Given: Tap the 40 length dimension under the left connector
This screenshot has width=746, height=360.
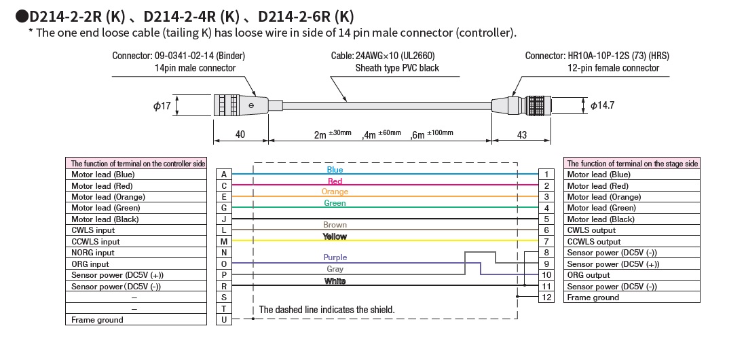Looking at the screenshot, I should coord(240,134).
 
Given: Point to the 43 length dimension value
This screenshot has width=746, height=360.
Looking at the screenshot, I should coord(522,134).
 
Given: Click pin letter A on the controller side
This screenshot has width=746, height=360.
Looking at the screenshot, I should coord(223,175).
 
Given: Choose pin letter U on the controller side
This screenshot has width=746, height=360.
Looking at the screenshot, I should coord(223,320).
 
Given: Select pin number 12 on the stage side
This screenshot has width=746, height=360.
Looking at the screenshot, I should coord(545,298).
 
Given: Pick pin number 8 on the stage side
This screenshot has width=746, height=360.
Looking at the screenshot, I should coord(545,253).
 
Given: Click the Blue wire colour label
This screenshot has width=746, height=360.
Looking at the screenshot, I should coord(335,170).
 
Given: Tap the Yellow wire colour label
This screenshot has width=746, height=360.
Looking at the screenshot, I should coord(335,236).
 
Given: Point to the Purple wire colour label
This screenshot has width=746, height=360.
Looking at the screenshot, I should coord(335,258).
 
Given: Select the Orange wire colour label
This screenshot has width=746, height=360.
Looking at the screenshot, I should coord(335,192).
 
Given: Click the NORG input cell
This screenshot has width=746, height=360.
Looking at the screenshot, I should coord(136,253).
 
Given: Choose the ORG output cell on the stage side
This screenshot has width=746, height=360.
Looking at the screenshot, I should coord(631,275).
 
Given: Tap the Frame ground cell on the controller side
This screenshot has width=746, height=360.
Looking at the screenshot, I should coord(136,320).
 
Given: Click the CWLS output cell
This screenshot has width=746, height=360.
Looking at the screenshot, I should coord(631,230).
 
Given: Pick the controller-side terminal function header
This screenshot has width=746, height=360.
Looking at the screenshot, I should coord(136,164).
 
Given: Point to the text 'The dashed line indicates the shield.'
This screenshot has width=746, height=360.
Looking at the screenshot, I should coord(327,310).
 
